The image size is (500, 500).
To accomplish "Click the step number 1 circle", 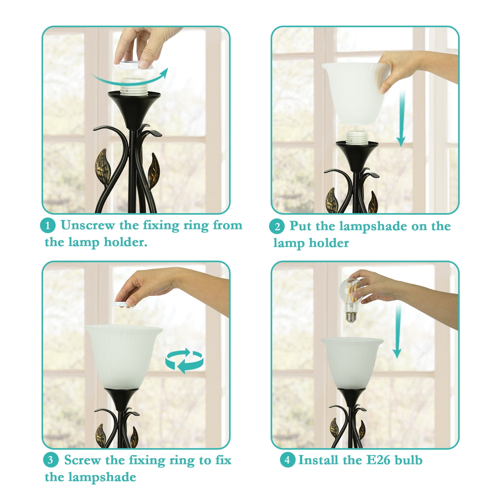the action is pyautogui.click(x=48, y=225).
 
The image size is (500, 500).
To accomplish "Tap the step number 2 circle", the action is pyautogui.click(x=277, y=227).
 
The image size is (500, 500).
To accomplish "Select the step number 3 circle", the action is pyautogui.click(x=51, y=460).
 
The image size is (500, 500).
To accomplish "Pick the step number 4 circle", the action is pyautogui.click(x=287, y=460).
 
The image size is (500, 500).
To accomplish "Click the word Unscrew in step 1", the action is pyautogui.click(x=87, y=225).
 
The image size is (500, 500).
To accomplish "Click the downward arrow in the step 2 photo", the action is pyautogui.click(x=402, y=119).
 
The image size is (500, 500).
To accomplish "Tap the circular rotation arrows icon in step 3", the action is pyautogui.click(x=184, y=361).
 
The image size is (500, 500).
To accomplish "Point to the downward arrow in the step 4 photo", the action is pyautogui.click(x=397, y=331).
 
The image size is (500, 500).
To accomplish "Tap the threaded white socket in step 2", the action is pyautogui.click(x=357, y=138).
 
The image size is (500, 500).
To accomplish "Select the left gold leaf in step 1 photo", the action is pyautogui.click(x=103, y=167).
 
